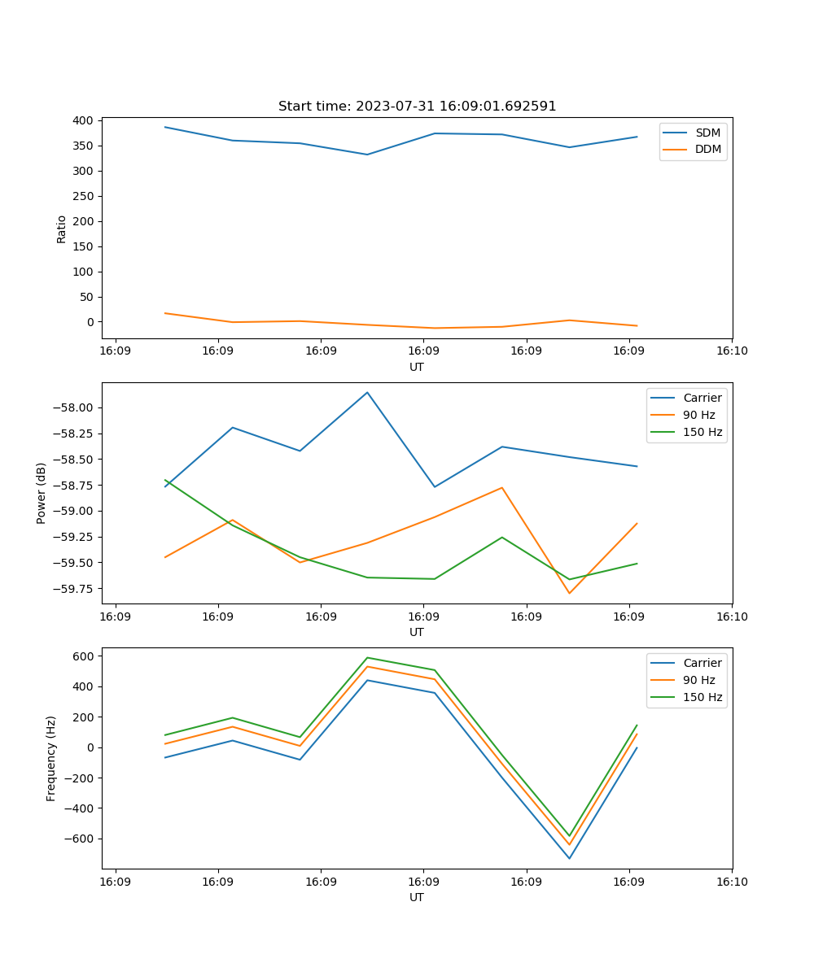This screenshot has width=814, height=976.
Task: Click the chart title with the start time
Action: click(x=417, y=107)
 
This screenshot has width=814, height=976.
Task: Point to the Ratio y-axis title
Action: click(x=61, y=229)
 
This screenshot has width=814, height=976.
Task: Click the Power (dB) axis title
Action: click(x=42, y=493)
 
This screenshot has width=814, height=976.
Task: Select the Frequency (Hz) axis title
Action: click(x=51, y=758)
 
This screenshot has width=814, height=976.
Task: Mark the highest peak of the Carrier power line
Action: click(x=367, y=392)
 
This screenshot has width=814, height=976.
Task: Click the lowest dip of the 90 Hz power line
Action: click(x=569, y=593)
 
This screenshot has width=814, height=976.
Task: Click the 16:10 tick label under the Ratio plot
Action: click(x=732, y=351)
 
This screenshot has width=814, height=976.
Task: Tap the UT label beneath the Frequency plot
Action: click(x=417, y=897)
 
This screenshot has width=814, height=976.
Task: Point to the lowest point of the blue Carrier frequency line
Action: click(x=569, y=858)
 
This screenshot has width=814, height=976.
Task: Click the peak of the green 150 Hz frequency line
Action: click(x=367, y=657)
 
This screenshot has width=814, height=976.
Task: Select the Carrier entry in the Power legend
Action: click(x=702, y=398)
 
